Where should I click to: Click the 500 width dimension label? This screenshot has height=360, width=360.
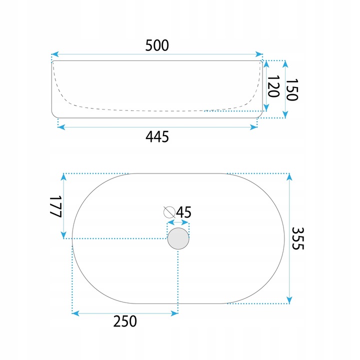[157, 45]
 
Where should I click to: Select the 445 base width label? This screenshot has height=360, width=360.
[157, 136]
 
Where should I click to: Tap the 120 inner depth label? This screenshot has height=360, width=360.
[273, 86]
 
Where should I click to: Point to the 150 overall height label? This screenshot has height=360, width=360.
[292, 89]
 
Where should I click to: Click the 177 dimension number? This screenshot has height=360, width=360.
[56, 206]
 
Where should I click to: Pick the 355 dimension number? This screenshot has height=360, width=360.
[298, 238]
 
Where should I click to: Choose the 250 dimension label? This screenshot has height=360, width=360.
[125, 321]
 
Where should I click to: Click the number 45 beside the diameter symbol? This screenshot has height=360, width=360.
[184, 212]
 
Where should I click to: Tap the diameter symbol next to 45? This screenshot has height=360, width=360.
[169, 212]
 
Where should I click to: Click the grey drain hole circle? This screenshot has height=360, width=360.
[178, 238]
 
